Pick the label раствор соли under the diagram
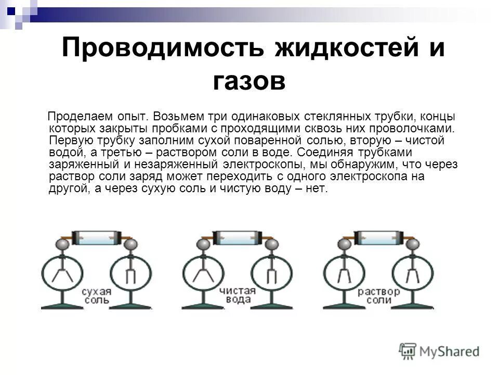click(378, 295)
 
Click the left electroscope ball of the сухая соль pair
click(62, 244)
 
